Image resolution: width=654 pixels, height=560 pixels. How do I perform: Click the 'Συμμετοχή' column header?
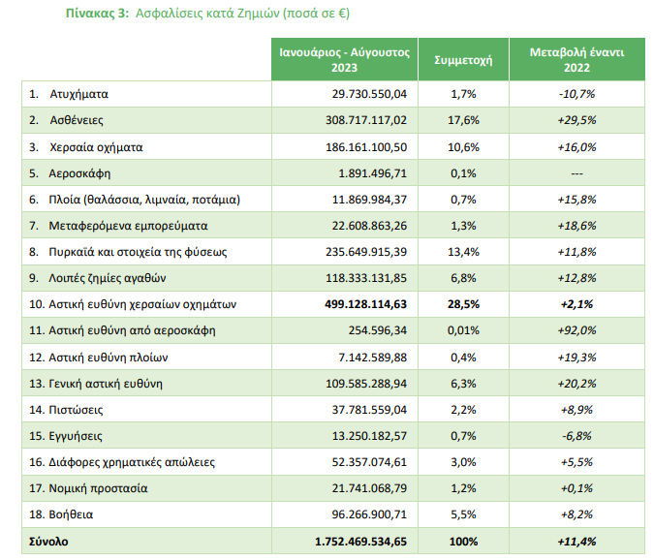[463, 60]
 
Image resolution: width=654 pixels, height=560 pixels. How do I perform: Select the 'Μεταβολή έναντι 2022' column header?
[576, 60]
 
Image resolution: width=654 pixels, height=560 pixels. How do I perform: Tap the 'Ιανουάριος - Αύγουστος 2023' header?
[345, 60]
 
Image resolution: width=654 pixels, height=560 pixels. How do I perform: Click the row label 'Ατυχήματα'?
[78, 94]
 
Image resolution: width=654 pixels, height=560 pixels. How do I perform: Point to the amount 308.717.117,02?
[366, 120]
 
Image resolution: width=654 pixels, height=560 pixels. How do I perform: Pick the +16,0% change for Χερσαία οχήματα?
[576, 147]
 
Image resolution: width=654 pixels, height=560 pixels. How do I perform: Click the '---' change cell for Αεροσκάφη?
[576, 173]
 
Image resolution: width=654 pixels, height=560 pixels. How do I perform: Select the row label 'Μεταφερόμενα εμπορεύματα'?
[128, 226]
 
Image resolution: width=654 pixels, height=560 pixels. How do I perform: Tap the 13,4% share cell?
[463, 252]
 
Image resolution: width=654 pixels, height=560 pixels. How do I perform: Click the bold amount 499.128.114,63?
[366, 304]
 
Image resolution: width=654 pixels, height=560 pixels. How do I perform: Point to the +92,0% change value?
[576, 330]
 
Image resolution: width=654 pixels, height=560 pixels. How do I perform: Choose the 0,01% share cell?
[463, 330]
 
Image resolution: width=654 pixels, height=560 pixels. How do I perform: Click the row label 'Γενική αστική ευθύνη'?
[106, 384]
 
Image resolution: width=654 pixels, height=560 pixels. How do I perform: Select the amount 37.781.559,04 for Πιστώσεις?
[369, 410]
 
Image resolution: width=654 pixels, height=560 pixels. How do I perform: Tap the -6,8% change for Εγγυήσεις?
[576, 436]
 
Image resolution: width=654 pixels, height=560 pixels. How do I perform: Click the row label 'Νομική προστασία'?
[98, 488]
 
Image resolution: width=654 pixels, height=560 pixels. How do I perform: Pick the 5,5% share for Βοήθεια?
[463, 514]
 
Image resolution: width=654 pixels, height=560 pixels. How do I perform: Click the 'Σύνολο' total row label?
[48, 542]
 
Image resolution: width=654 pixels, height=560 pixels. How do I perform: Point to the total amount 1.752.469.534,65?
[360, 542]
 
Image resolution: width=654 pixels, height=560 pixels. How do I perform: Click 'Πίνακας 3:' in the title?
[97, 14]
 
